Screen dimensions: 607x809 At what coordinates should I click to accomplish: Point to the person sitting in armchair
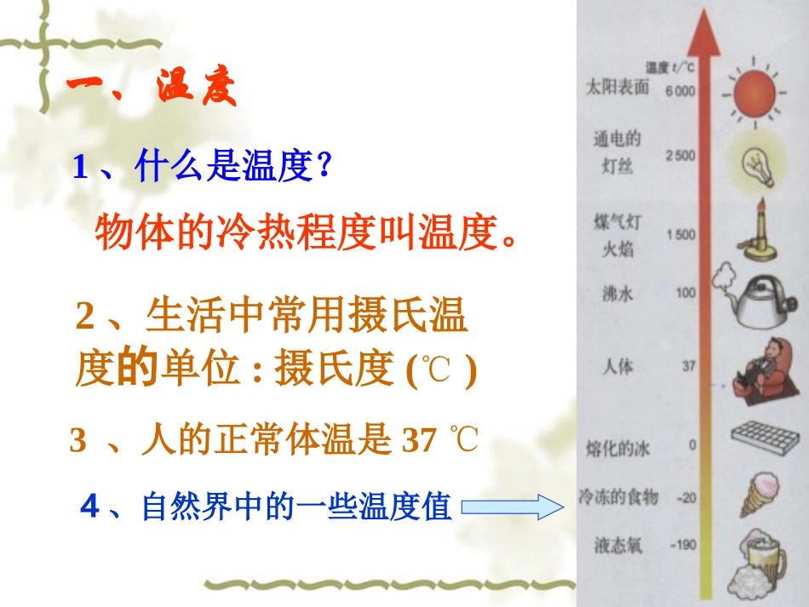coord(758,369)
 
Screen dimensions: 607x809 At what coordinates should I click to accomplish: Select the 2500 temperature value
coord(680,155)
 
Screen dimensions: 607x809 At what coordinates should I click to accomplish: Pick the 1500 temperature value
coord(680,234)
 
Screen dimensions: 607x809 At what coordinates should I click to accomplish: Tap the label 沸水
coord(617,295)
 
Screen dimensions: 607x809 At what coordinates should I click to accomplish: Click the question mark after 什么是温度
coord(323,168)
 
